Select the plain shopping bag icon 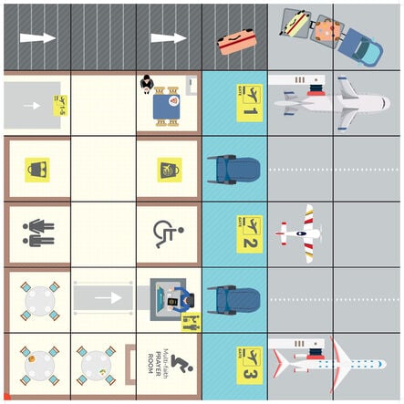(36, 169)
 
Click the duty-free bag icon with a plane (170, 170)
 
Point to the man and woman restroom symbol (37, 234)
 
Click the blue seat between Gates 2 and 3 (223, 300)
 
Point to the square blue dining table (167, 106)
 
